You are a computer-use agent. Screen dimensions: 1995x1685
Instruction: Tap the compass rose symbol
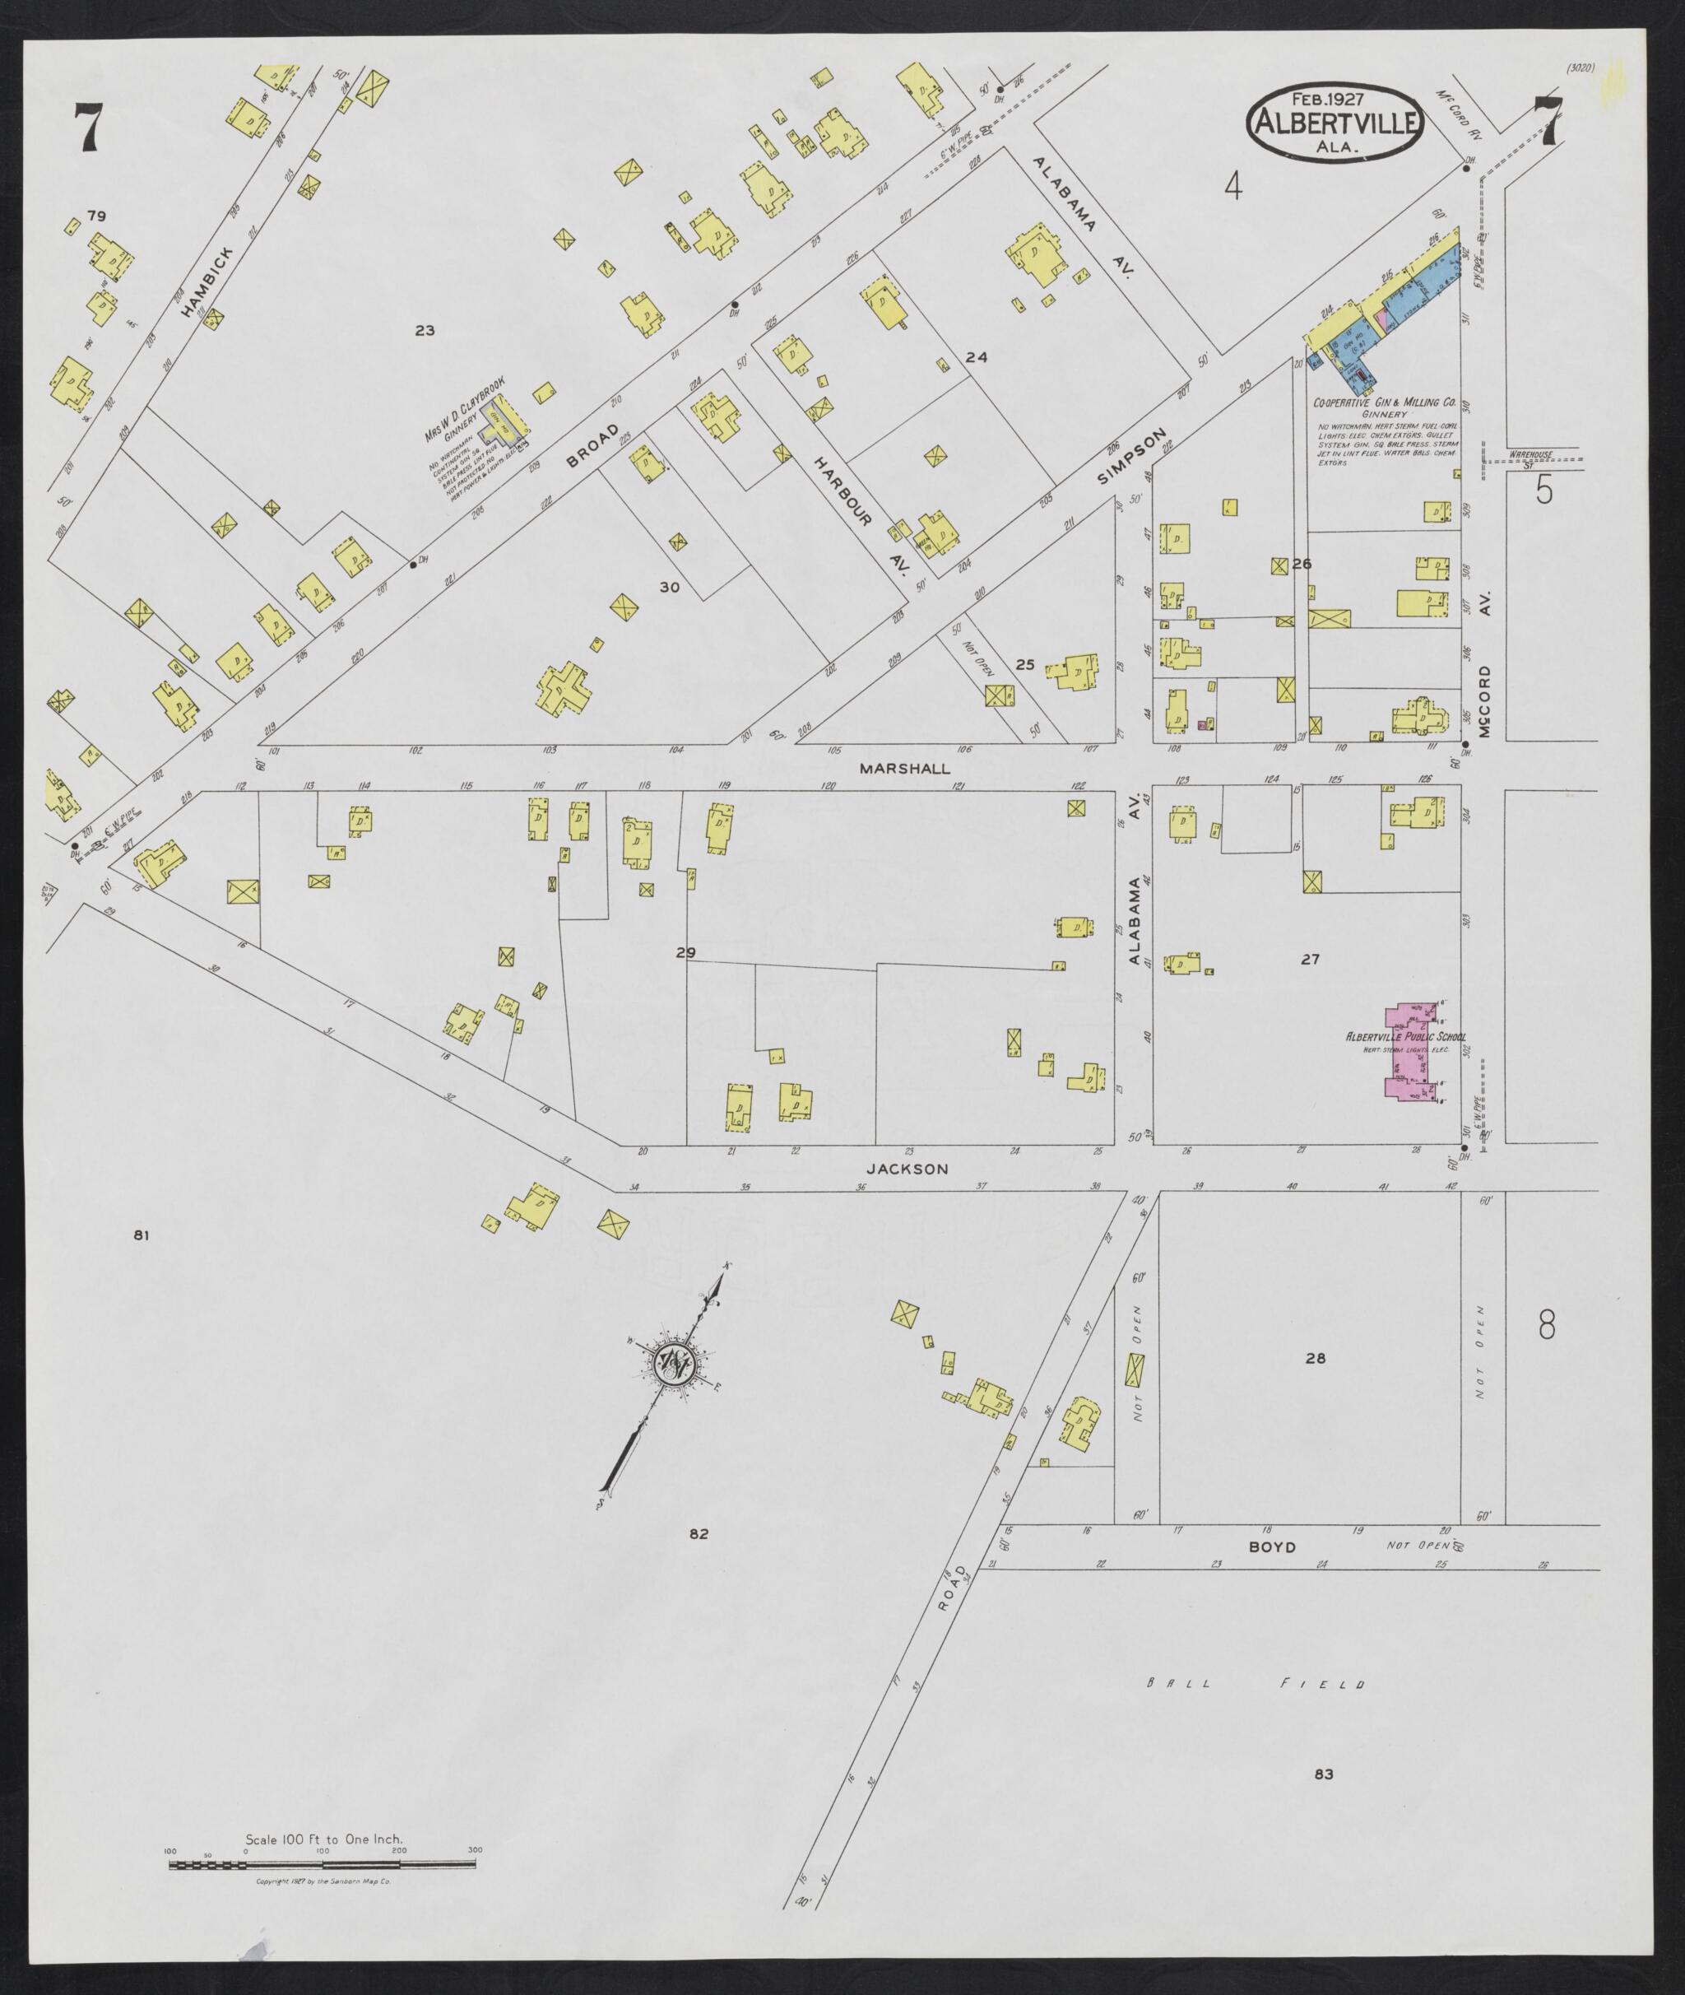[x=675, y=1360]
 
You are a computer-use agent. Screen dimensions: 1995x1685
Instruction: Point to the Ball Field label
[x=1256, y=1685]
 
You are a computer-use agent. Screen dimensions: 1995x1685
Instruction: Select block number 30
[x=669, y=587]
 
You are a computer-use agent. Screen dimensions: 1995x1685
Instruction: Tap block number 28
[x=1316, y=1358]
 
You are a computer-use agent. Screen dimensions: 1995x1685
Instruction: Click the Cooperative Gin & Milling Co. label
[x=1384, y=403]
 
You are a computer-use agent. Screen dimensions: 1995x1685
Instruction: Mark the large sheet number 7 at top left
[x=88, y=126]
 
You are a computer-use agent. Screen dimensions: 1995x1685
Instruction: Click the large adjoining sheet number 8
[x=1547, y=1325]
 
